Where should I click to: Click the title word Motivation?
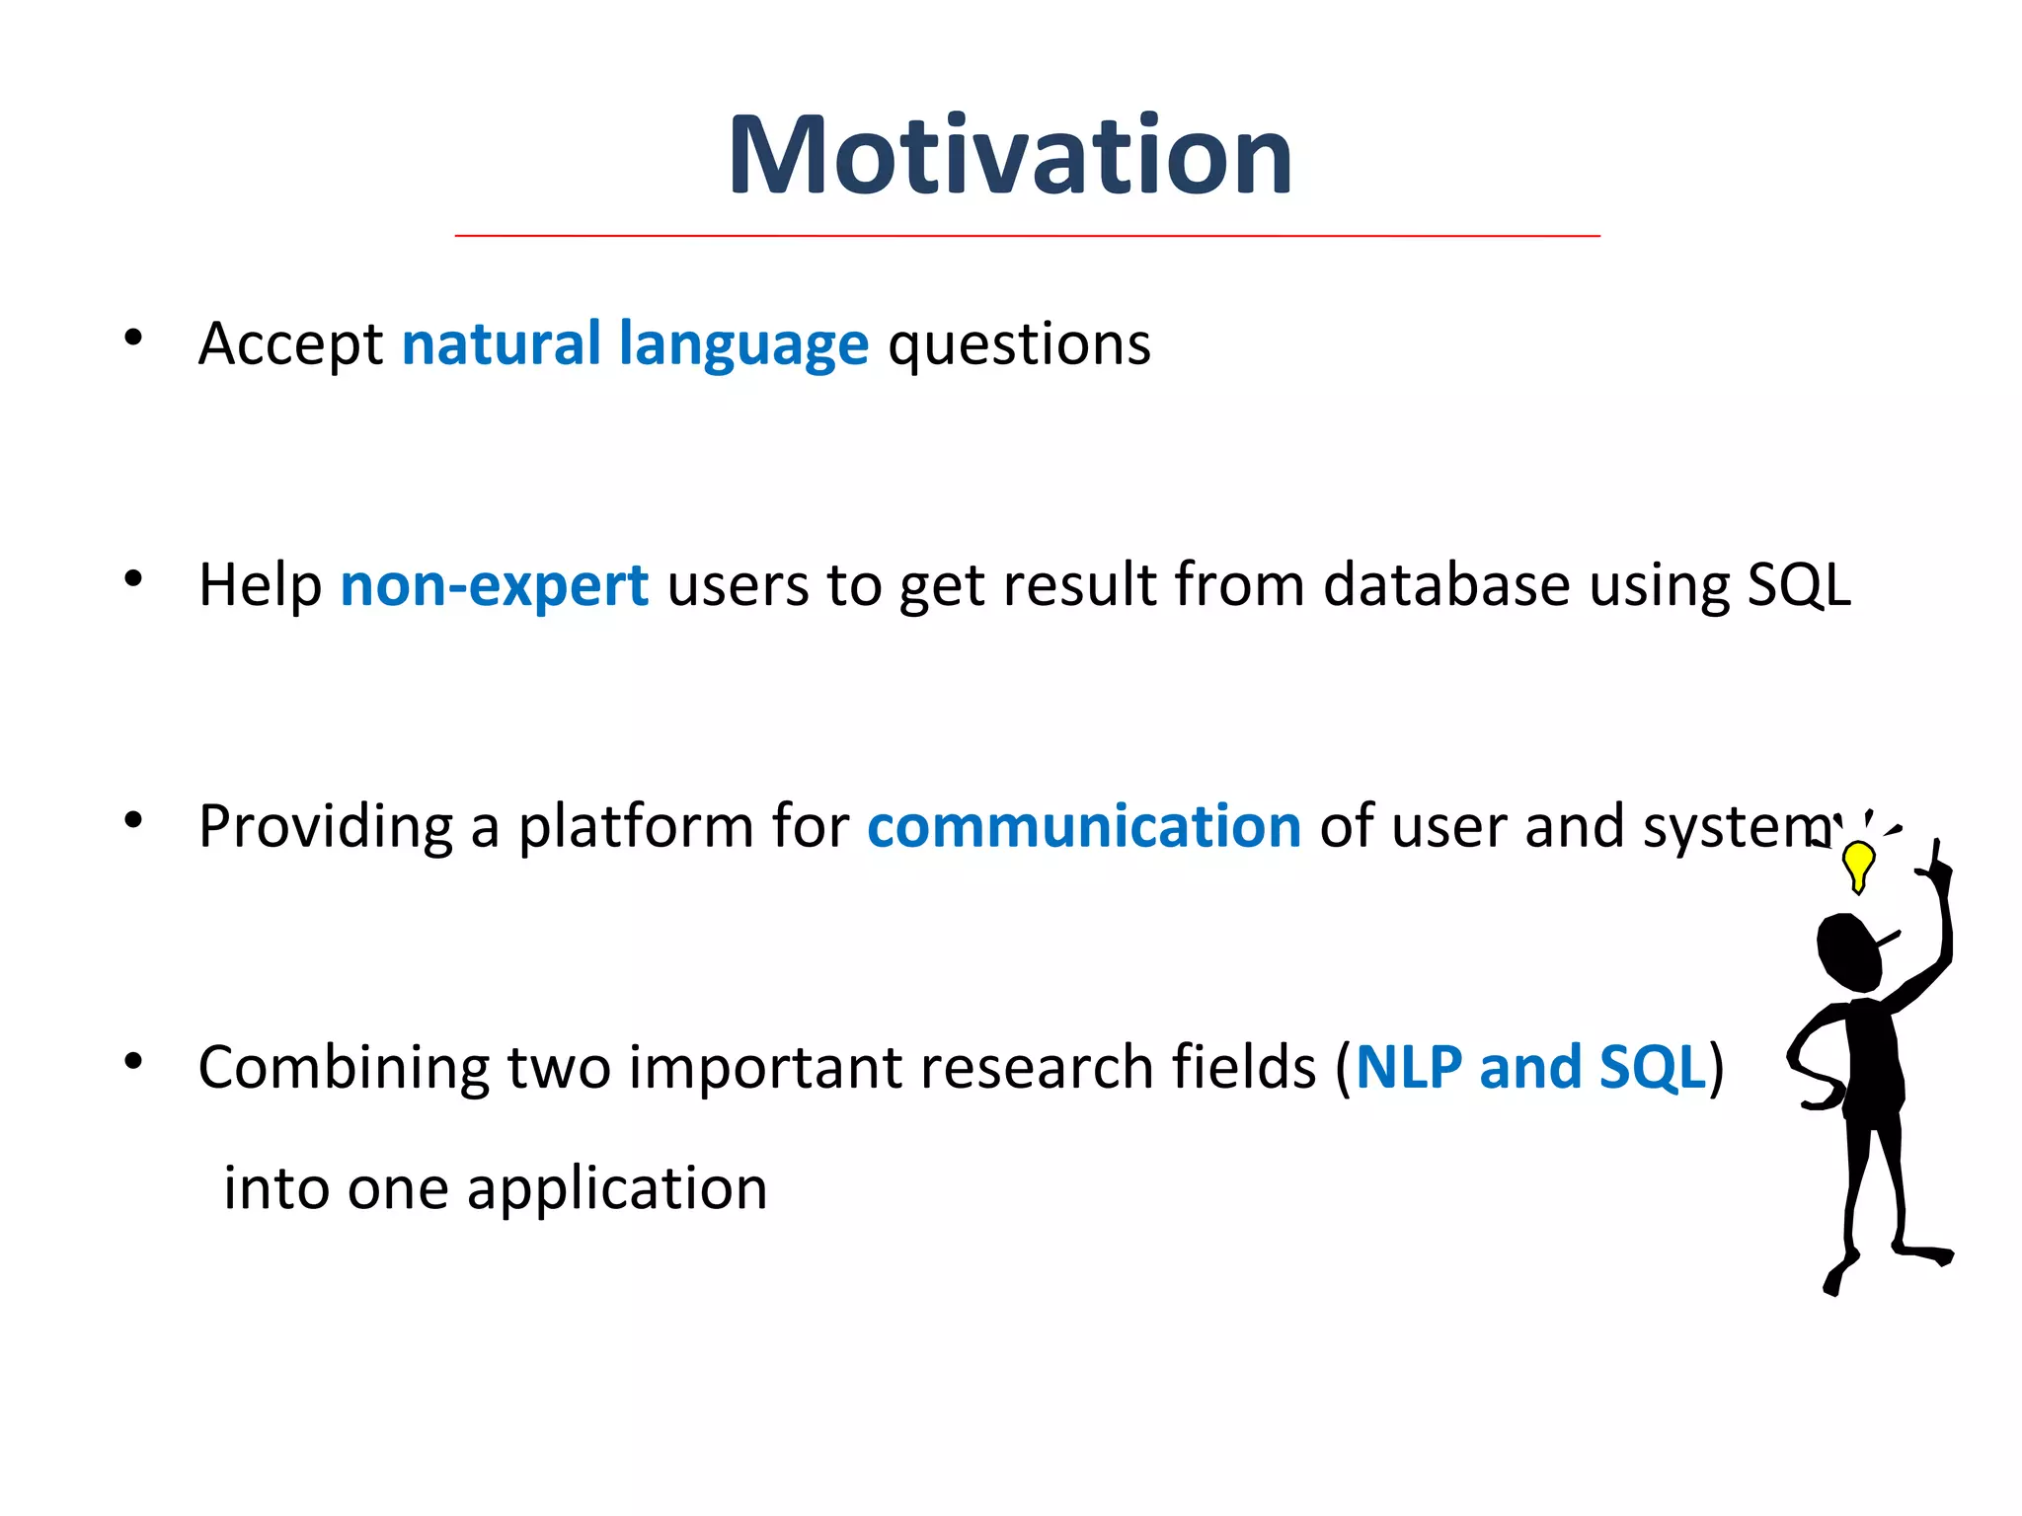click(x=1009, y=156)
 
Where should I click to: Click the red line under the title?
click(x=1027, y=236)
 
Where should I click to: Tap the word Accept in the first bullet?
click(x=290, y=344)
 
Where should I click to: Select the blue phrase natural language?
click(x=635, y=344)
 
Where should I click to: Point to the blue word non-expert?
click(x=494, y=585)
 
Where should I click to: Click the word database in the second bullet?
click(x=1445, y=584)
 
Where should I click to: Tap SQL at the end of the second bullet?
click(x=1799, y=585)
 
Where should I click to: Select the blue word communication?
click(x=1084, y=826)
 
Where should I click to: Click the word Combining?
click(x=343, y=1069)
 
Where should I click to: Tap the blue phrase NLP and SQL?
click(x=1530, y=1067)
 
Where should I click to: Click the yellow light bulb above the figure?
click(x=1859, y=864)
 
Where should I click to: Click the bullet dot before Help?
click(x=133, y=579)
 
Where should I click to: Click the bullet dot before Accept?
click(x=133, y=339)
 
